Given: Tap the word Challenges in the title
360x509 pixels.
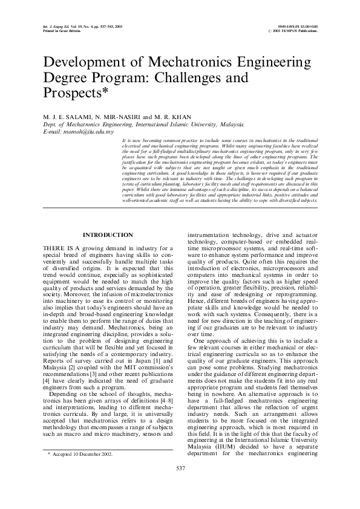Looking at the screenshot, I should [197, 78].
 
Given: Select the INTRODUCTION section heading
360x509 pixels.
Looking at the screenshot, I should [108, 235].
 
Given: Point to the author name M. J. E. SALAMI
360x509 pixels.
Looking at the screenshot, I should [67, 116].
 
